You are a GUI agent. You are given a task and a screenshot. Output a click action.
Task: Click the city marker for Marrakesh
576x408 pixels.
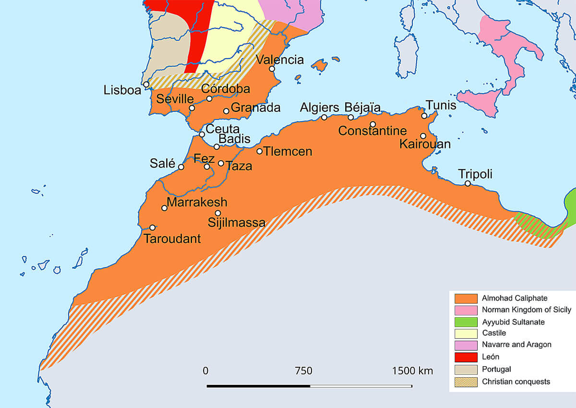165,208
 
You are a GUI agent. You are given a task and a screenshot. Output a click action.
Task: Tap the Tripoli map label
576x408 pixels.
476,173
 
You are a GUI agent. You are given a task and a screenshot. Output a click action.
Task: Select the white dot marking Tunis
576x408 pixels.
424,116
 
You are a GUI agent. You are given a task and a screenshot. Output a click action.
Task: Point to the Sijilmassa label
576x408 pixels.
237,223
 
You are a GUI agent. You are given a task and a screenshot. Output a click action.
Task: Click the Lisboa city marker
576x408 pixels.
146,84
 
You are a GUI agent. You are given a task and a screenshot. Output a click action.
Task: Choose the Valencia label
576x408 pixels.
280,60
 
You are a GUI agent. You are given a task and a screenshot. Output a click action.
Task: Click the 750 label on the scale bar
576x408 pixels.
303,371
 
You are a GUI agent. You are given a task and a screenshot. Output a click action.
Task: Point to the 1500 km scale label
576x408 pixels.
412,371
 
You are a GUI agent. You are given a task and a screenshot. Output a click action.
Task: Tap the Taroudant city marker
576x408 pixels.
153,228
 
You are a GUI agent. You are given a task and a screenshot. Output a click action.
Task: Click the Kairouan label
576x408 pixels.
425,144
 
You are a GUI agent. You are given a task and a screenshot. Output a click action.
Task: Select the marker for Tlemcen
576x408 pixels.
260,151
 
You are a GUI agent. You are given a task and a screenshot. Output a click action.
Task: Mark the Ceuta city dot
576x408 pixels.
202,134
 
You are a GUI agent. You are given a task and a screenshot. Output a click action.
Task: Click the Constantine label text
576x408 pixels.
372,131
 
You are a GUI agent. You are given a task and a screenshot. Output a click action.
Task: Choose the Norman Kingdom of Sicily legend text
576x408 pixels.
526,310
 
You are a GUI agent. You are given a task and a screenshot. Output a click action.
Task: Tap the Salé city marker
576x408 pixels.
181,167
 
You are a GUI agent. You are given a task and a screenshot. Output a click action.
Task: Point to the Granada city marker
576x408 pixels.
227,111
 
